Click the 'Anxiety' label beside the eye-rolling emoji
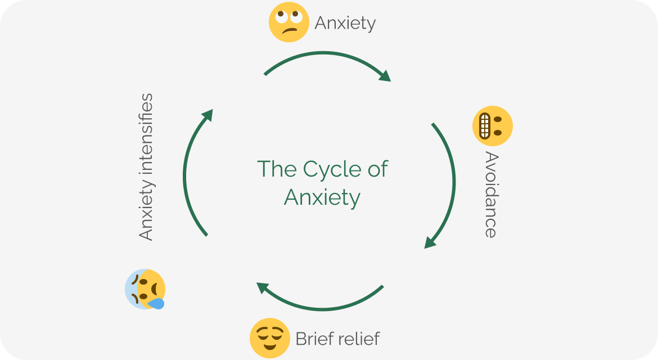[x=345, y=23]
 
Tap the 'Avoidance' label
[x=491, y=195]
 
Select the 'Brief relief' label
[x=337, y=339]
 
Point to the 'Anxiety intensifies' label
[x=146, y=167]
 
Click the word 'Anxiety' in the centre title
[x=322, y=197]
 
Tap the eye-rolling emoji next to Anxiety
[x=289, y=22]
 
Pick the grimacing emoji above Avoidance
[x=493, y=126]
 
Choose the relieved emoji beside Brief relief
[x=270, y=339]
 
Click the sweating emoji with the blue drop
[x=145, y=289]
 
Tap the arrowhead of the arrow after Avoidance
[x=430, y=242]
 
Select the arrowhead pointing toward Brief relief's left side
[x=262, y=287]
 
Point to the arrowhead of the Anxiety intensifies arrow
[x=208, y=115]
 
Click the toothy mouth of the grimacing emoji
[x=484, y=126]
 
